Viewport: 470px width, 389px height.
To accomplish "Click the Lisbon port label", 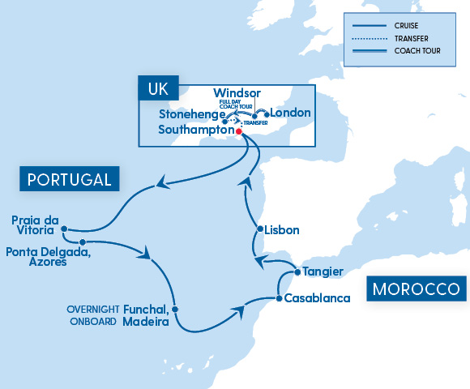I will (283, 230).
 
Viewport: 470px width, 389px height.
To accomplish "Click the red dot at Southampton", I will (238, 130).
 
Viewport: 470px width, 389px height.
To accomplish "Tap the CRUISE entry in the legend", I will (408, 24).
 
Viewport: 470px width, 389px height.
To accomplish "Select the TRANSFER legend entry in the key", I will (412, 39).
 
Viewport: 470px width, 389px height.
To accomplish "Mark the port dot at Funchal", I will (176, 310).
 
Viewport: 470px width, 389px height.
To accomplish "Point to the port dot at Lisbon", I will (259, 230).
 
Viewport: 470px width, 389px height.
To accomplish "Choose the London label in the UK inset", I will (290, 113).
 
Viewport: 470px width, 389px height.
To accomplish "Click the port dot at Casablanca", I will (279, 298).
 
